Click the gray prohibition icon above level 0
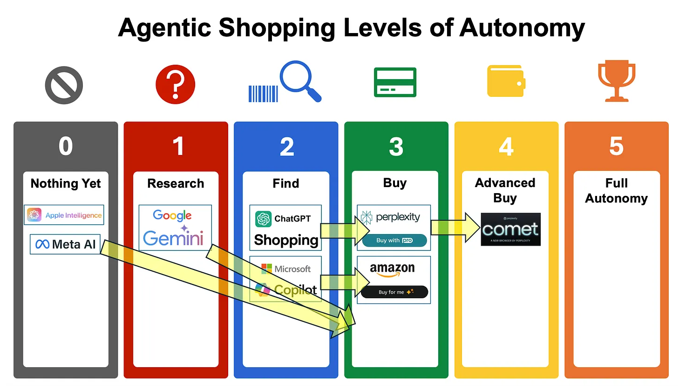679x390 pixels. [x=64, y=85]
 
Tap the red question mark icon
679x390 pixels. [x=175, y=85]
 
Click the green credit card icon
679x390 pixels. [x=395, y=82]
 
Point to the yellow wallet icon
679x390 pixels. [x=506, y=81]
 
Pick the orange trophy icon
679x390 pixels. [x=616, y=80]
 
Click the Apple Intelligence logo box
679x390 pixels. [x=64, y=215]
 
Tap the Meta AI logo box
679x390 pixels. [x=65, y=244]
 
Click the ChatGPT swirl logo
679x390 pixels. [x=263, y=219]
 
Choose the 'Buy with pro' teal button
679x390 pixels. [x=394, y=240]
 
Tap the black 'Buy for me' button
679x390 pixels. [x=394, y=292]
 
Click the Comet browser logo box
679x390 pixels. [x=510, y=229]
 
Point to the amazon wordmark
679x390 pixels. [x=392, y=269]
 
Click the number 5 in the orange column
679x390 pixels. [x=616, y=146]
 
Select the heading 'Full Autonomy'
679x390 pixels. [x=616, y=190]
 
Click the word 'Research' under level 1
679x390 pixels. [x=176, y=183]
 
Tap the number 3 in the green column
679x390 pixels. [x=396, y=146]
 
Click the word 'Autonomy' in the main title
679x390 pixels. [x=522, y=28]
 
